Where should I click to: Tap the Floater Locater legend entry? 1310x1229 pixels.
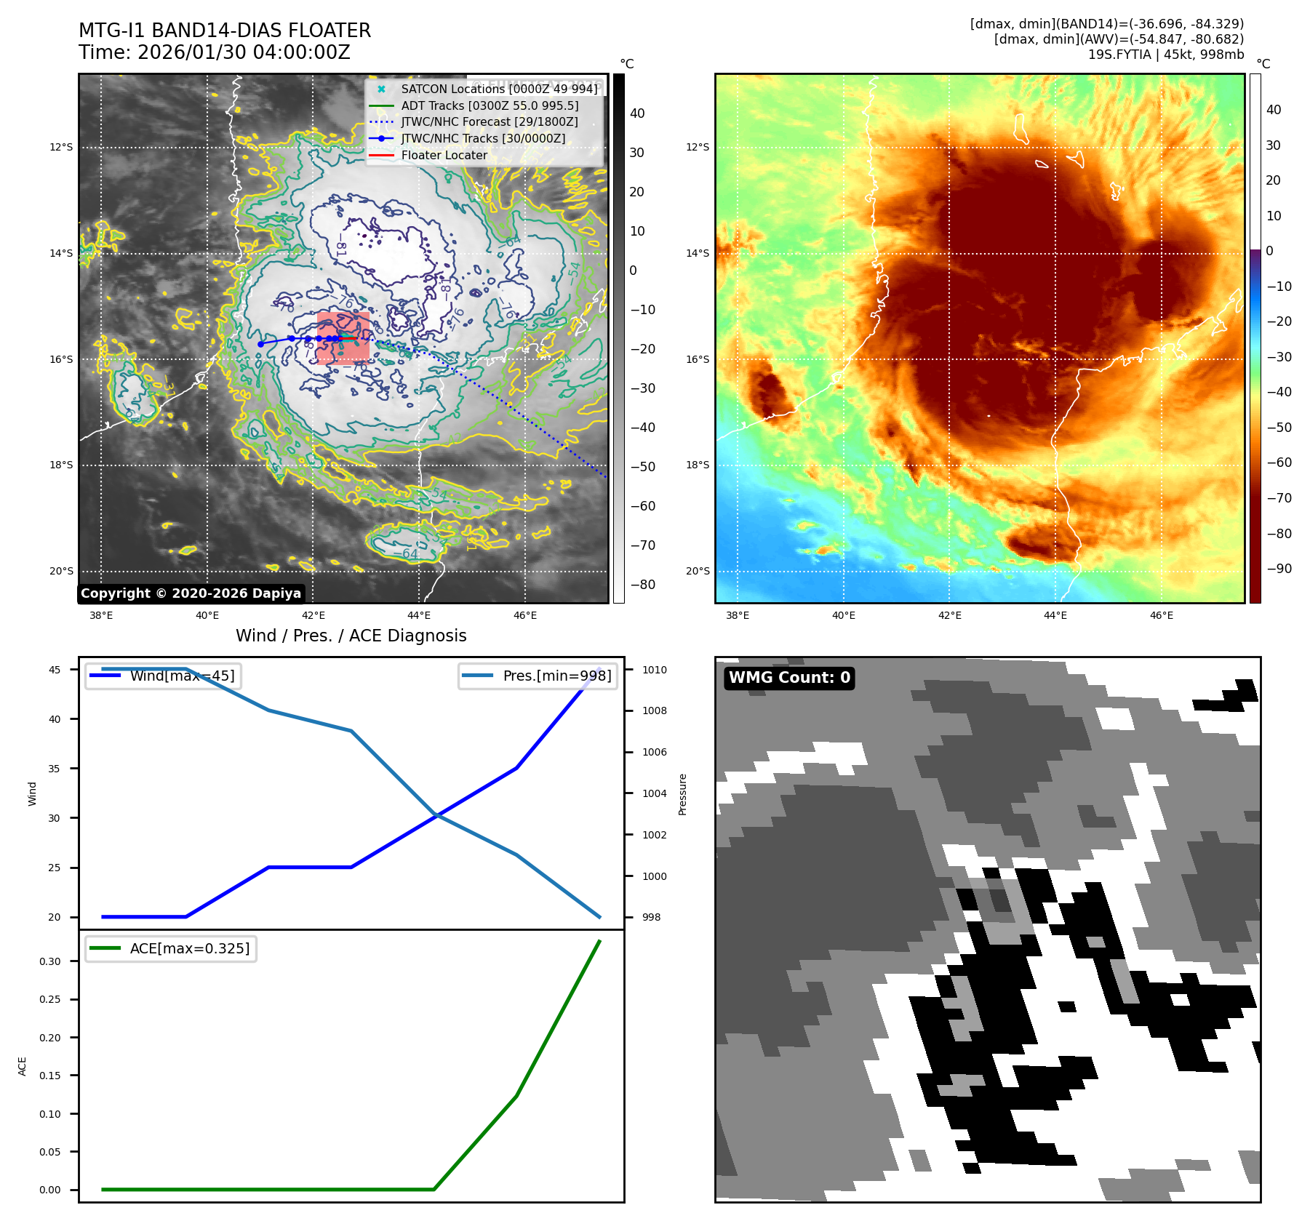pyautogui.click(x=444, y=155)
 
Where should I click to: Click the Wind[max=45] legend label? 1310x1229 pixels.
pyautogui.click(x=182, y=676)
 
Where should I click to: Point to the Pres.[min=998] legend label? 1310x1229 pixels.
pyautogui.click(x=557, y=676)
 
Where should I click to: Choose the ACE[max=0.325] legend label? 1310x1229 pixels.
pyautogui.click(x=189, y=948)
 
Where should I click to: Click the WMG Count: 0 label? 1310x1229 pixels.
pyautogui.click(x=789, y=678)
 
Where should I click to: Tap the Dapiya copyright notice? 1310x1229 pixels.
pyautogui.click(x=191, y=593)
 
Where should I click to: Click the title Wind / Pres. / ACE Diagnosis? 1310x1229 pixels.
pyautogui.click(x=351, y=636)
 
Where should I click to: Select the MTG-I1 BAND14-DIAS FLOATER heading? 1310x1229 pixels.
pyautogui.click(x=225, y=31)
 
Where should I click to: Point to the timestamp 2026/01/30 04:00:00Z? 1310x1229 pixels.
pyautogui.click(x=244, y=52)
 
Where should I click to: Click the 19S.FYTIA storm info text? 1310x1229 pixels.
pyautogui.click(x=1165, y=55)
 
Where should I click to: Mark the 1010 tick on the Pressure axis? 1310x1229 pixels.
pyautogui.click(x=654, y=670)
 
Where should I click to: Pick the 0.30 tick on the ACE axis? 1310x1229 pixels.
pyautogui.click(x=50, y=961)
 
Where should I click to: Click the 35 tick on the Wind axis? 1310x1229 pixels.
pyautogui.click(x=55, y=769)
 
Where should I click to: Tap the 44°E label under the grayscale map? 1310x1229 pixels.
pyautogui.click(x=419, y=616)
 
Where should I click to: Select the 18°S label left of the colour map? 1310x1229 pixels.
pyautogui.click(x=698, y=465)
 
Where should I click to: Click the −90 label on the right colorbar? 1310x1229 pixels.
pyautogui.click(x=1279, y=569)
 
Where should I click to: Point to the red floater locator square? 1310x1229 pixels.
pyautogui.click(x=343, y=338)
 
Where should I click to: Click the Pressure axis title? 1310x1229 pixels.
pyautogui.click(x=682, y=794)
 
